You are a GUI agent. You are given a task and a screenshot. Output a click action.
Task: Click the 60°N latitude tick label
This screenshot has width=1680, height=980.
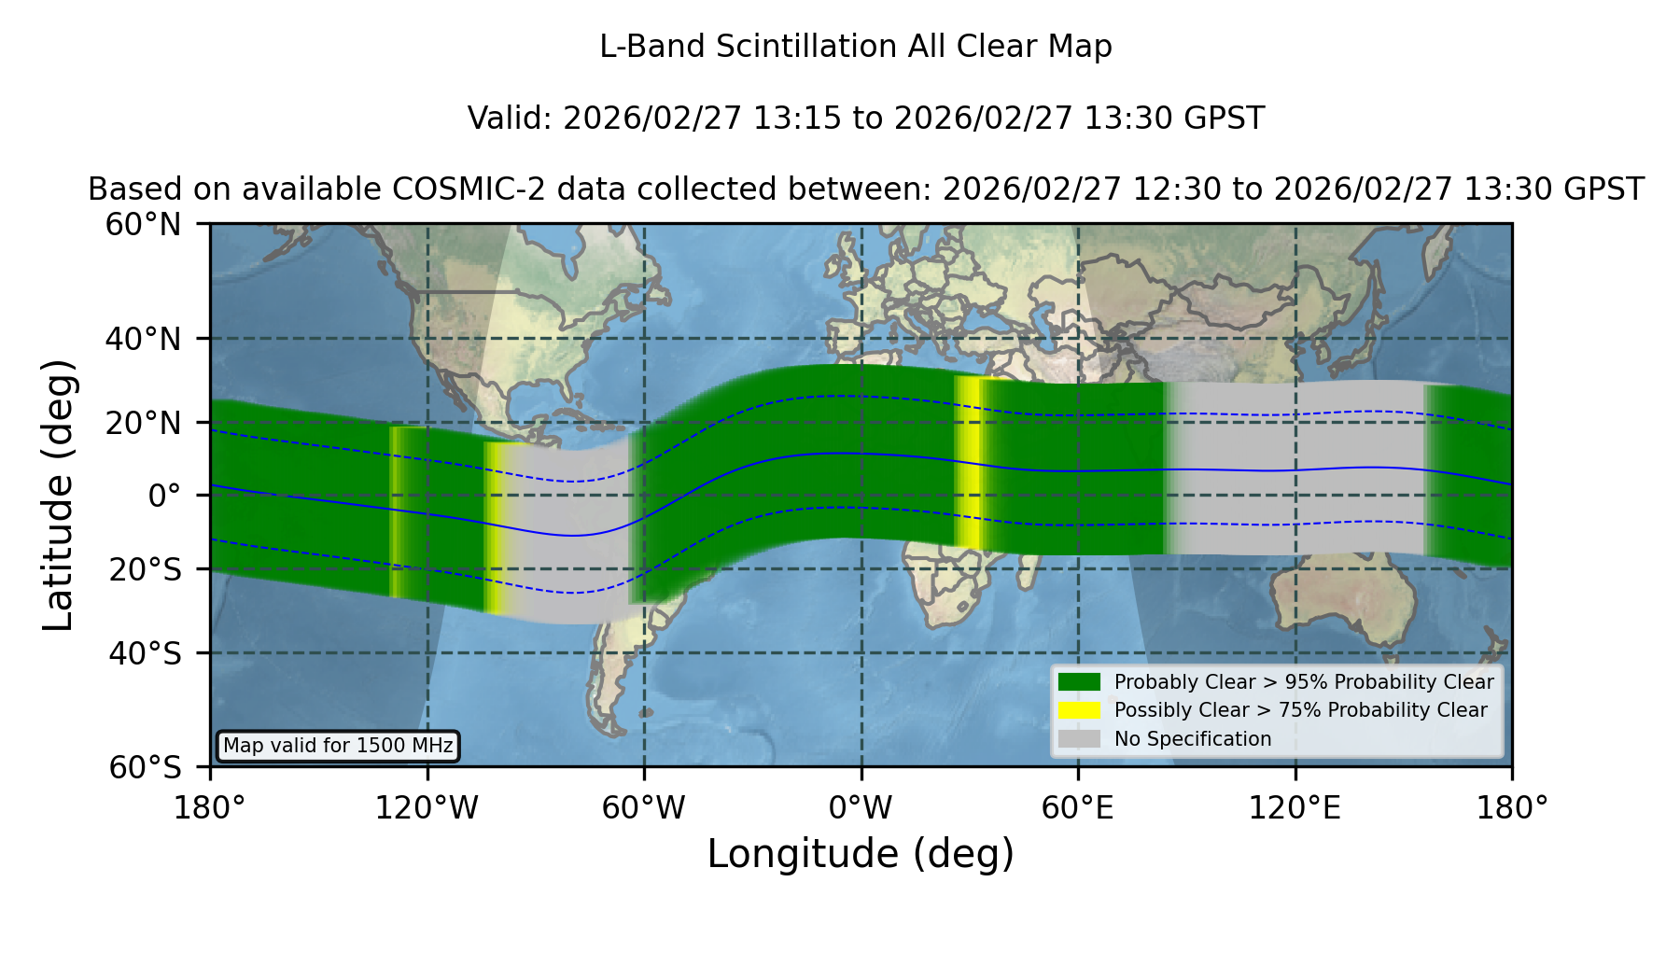(x=143, y=225)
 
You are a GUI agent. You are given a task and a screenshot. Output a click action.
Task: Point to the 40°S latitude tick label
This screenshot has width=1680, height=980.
(x=145, y=653)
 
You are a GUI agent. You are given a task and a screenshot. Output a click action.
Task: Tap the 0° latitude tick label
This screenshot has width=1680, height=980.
(x=164, y=496)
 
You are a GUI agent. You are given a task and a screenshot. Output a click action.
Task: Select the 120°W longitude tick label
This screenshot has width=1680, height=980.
(x=427, y=807)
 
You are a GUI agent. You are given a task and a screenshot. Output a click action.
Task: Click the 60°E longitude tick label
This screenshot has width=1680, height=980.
(x=1078, y=807)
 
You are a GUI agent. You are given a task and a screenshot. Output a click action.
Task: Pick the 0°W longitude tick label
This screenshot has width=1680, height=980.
(x=861, y=807)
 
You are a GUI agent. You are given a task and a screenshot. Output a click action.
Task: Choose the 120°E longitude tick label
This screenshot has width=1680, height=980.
(x=1295, y=807)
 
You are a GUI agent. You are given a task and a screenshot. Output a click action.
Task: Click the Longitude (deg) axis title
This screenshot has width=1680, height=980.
(x=861, y=854)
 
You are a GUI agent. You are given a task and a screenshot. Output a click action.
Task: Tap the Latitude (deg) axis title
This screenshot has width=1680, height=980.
(x=59, y=495)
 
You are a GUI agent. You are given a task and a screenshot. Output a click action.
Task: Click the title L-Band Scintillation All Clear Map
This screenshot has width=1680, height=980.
(x=856, y=47)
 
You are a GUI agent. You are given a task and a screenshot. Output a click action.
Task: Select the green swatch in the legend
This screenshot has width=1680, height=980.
(x=1080, y=682)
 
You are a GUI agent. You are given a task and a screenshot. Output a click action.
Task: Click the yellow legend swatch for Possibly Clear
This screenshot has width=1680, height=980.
(x=1080, y=710)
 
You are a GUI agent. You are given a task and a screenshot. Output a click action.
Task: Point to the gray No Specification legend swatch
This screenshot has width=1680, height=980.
(x=1080, y=739)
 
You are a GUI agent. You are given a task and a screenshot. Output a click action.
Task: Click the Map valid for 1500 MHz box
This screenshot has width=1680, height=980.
(x=338, y=746)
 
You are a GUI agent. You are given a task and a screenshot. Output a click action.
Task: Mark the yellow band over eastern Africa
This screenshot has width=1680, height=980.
(x=971, y=462)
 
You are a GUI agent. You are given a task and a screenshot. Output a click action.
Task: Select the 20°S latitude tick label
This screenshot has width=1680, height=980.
(x=145, y=569)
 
